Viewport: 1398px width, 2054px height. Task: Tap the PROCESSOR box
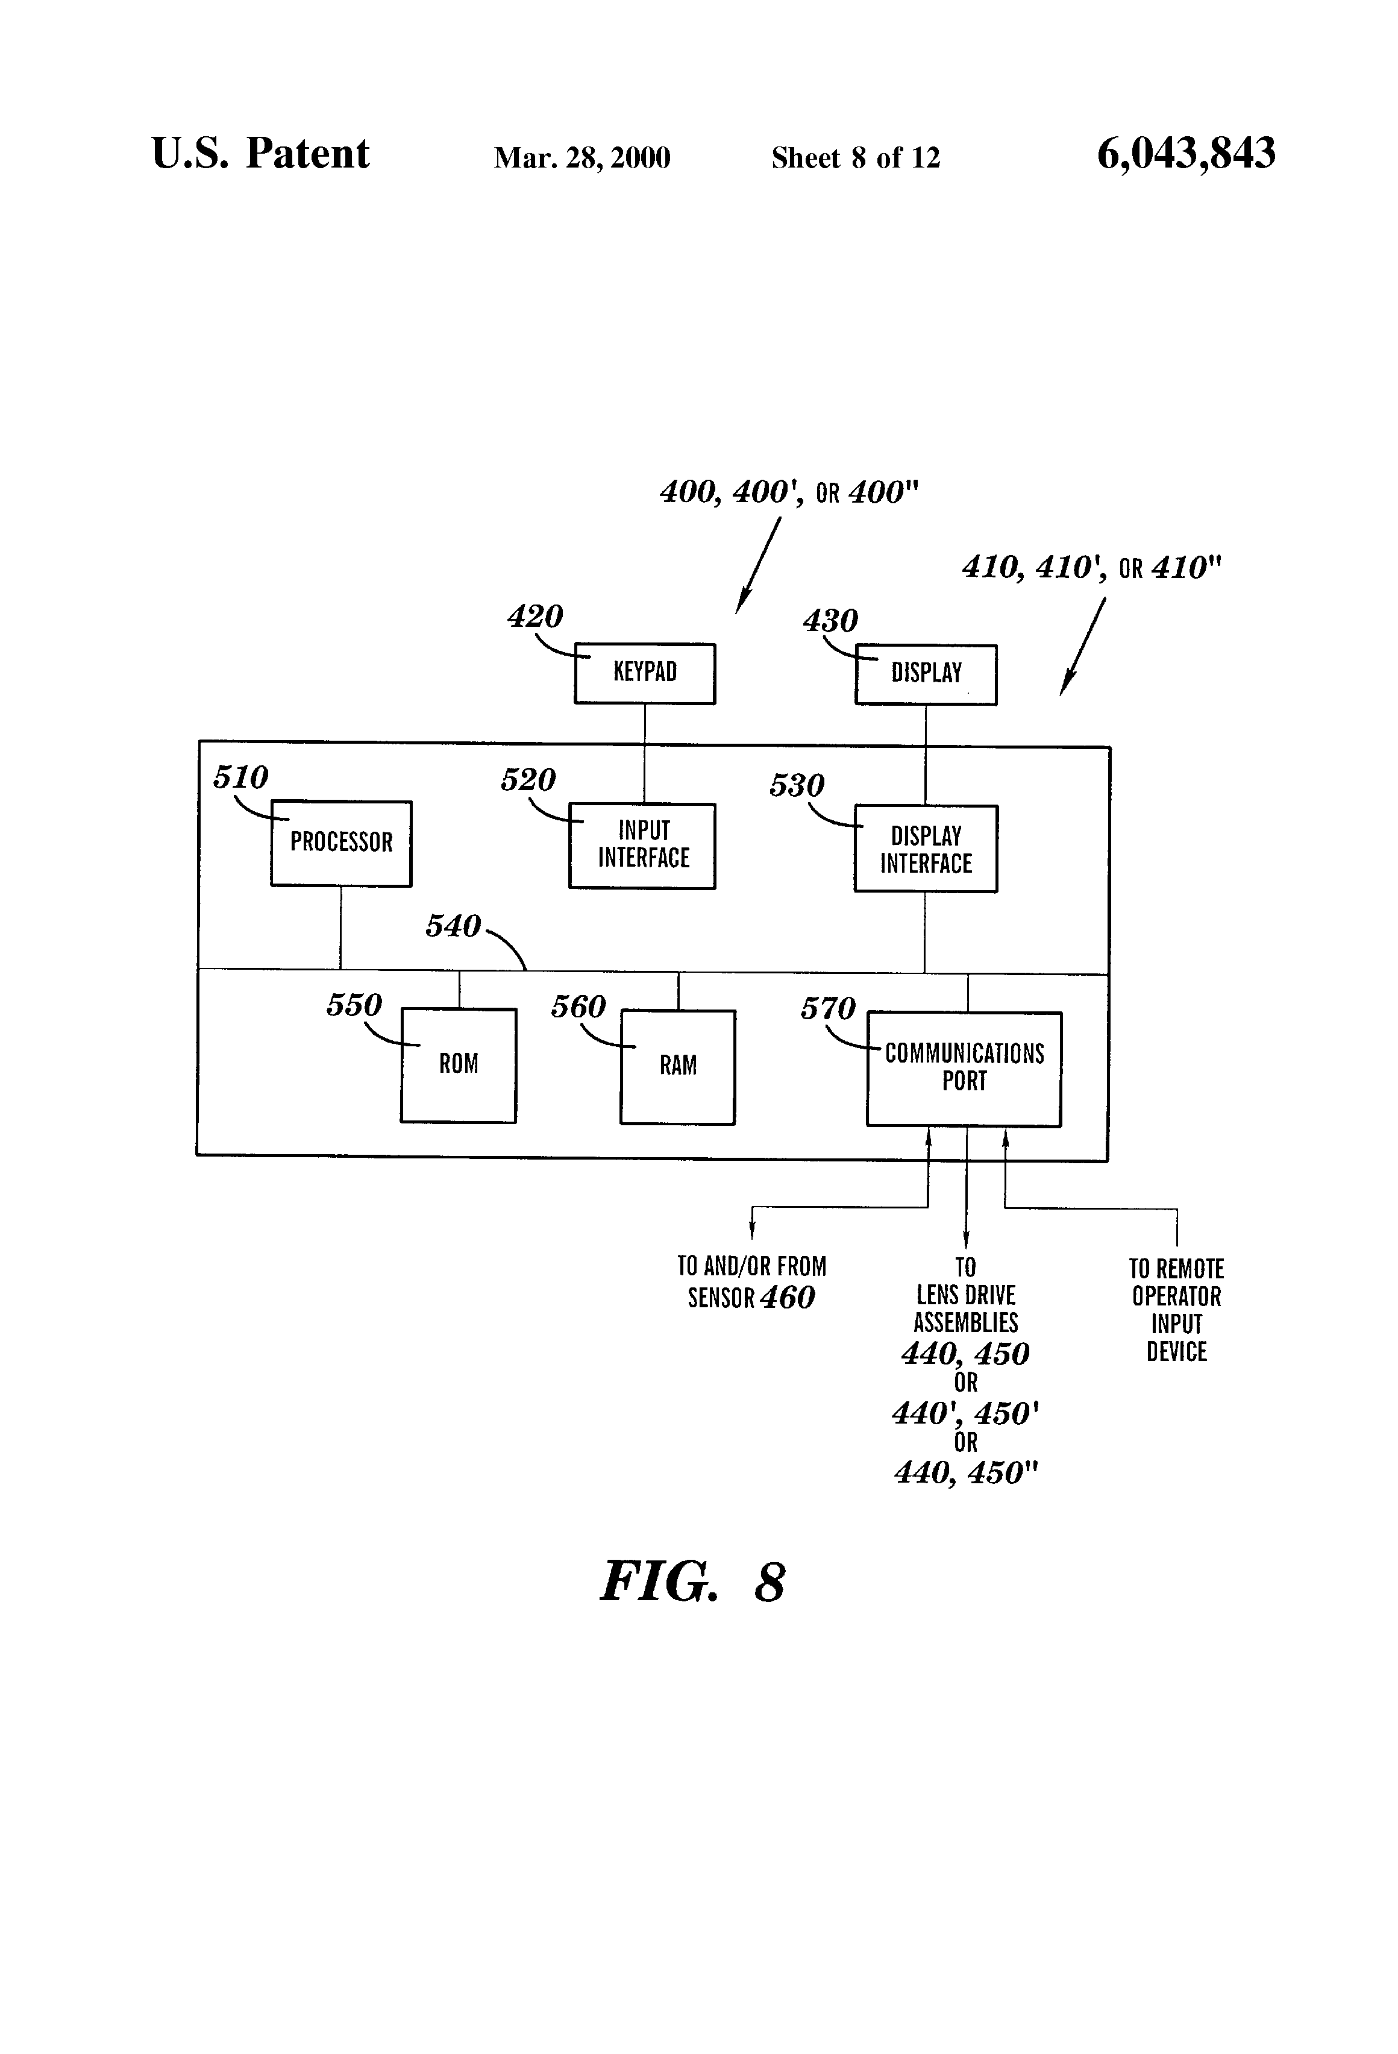(341, 843)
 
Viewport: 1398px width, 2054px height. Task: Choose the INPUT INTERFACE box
(642, 846)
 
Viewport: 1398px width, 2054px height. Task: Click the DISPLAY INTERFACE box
(925, 849)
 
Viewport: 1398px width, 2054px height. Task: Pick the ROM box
(459, 1065)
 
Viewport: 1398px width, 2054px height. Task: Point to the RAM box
(678, 1067)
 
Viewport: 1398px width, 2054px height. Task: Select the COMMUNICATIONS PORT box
(964, 1069)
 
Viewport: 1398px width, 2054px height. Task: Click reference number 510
(240, 777)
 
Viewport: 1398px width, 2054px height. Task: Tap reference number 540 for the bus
(453, 926)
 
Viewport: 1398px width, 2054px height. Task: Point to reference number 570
(828, 1008)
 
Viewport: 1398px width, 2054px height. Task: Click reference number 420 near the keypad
(534, 616)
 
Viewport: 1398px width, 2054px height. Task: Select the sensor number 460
(788, 1298)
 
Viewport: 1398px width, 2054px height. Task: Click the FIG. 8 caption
(693, 1582)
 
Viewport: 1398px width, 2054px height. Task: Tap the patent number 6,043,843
(1186, 154)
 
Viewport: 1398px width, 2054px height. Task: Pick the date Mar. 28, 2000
(581, 158)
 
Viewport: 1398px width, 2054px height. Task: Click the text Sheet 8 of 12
(856, 158)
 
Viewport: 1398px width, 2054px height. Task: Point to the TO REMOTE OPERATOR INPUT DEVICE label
(1176, 1310)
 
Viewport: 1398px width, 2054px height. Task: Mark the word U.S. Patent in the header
(261, 154)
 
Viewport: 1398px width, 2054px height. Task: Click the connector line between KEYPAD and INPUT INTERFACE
(644, 753)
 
